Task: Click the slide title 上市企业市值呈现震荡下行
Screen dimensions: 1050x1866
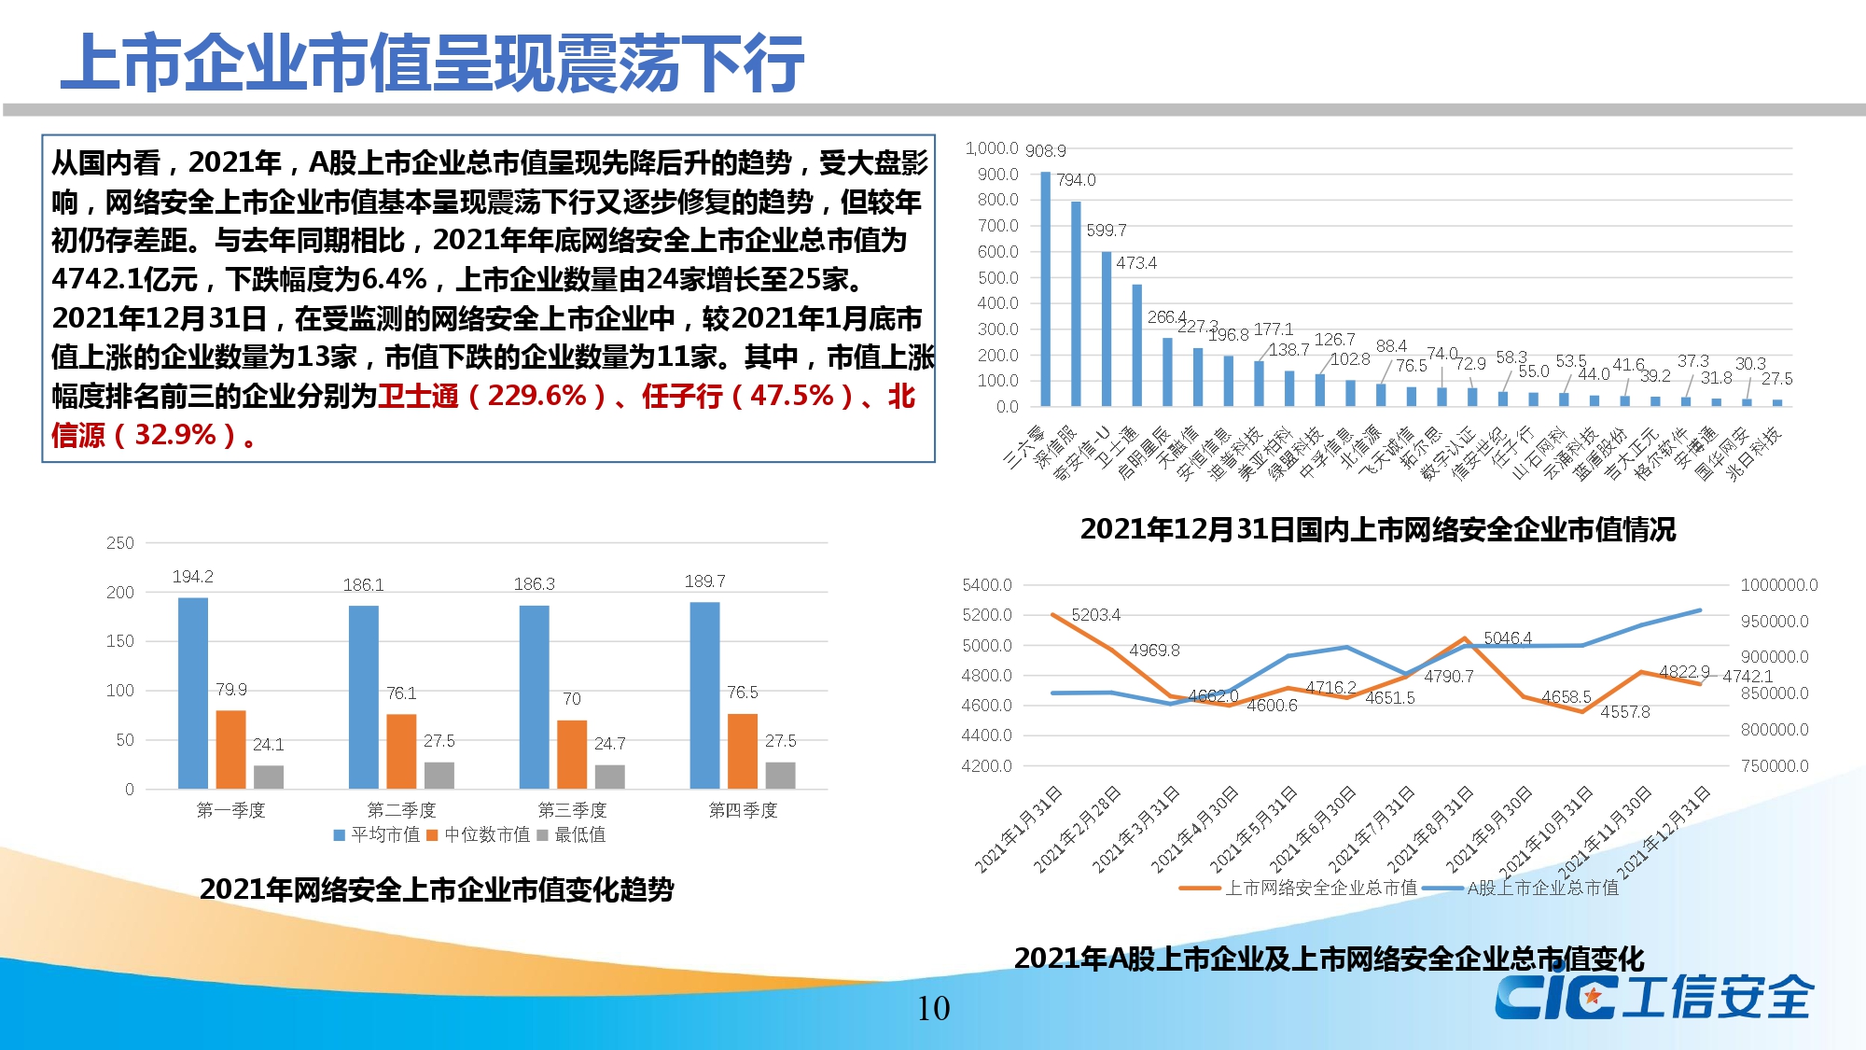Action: [432, 63]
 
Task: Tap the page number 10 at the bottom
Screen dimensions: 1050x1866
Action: [933, 1008]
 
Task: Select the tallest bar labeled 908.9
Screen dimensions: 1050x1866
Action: [1046, 289]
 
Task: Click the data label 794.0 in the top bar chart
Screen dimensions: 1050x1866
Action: [1076, 180]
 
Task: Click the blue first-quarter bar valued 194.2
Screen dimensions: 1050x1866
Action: [193, 693]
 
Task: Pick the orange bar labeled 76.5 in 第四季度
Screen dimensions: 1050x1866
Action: [743, 750]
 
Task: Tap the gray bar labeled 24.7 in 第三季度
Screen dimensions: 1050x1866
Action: [610, 777]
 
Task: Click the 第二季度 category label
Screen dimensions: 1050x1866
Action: [401, 810]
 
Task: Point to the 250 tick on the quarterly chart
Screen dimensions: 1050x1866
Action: [120, 543]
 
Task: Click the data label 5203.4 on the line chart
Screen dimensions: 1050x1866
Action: [1095, 615]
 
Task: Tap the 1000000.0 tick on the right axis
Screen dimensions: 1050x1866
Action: [1778, 585]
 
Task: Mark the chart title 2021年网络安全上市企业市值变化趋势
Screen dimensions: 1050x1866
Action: [437, 889]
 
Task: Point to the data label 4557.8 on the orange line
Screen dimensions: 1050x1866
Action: [1624, 712]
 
